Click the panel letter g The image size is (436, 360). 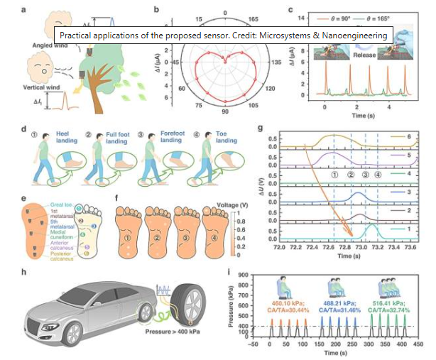(x=263, y=131)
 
